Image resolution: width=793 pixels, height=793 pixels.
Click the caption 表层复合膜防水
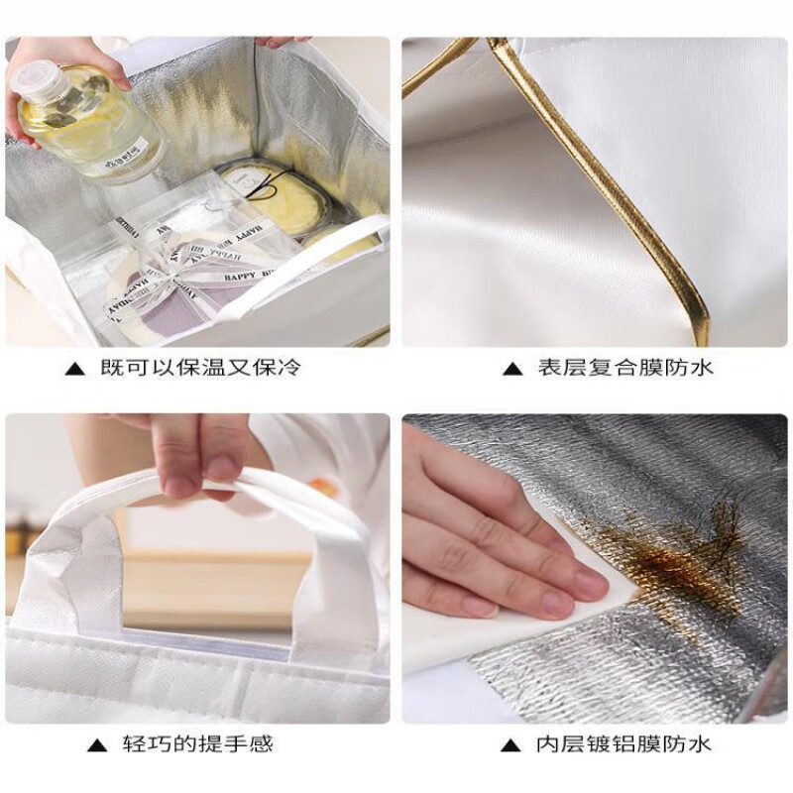pos(625,369)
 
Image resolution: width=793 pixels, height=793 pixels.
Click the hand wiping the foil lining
pos(476,535)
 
